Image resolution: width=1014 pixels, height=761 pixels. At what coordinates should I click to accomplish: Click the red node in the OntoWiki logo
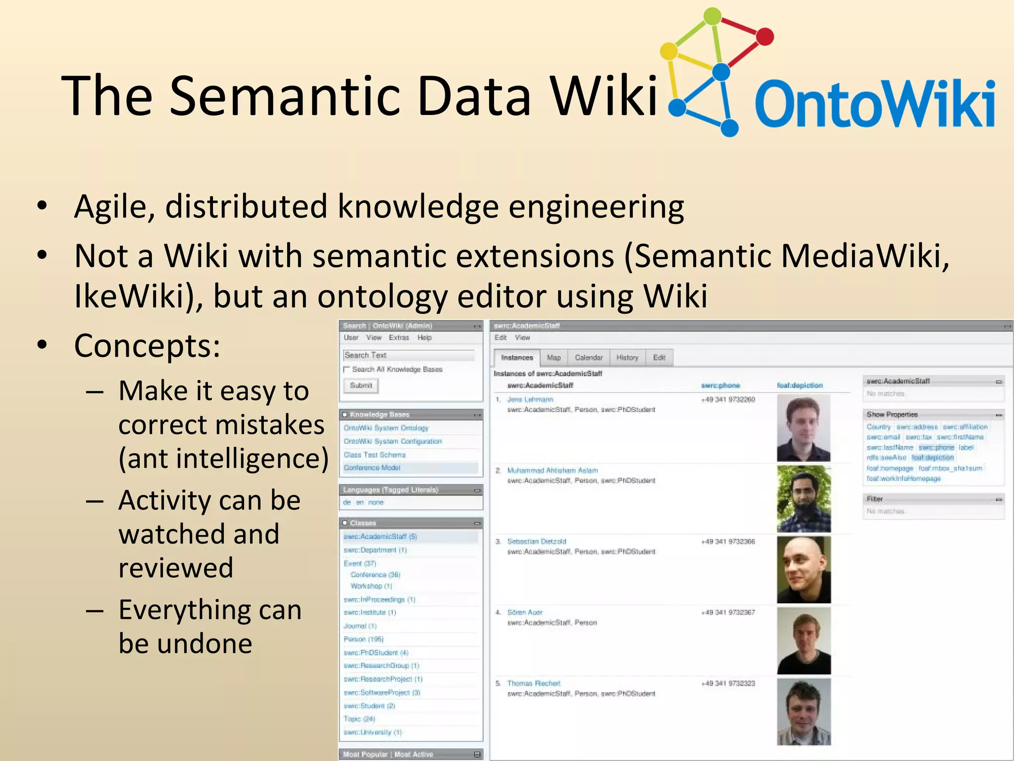click(x=765, y=36)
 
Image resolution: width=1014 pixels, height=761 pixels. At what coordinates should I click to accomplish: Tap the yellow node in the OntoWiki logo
click(x=669, y=51)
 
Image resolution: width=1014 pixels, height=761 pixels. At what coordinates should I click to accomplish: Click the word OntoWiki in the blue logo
click(x=874, y=104)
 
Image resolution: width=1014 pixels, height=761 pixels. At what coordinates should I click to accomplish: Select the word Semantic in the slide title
click(x=285, y=96)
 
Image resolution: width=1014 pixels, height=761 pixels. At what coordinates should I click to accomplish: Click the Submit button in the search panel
click(x=361, y=385)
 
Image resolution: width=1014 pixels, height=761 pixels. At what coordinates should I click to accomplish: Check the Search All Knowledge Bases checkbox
click(x=347, y=369)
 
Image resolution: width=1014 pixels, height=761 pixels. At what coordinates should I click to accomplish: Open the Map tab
click(x=554, y=357)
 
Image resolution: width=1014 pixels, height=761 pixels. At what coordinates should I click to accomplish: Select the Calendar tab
click(x=589, y=357)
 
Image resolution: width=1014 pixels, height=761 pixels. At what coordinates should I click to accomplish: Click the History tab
click(x=627, y=357)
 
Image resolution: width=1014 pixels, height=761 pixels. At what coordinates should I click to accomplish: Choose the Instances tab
click(x=516, y=357)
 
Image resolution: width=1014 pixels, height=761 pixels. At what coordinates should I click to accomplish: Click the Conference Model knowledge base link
click(x=372, y=467)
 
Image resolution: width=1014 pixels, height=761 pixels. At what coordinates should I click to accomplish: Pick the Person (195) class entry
click(x=363, y=639)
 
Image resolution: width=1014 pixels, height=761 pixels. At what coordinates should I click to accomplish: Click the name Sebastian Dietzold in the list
click(x=536, y=541)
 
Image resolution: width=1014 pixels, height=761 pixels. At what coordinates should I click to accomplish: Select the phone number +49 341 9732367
click(x=728, y=612)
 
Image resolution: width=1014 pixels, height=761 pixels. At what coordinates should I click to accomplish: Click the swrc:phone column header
click(x=720, y=385)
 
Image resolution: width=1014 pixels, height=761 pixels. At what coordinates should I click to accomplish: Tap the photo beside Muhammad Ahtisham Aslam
click(x=804, y=498)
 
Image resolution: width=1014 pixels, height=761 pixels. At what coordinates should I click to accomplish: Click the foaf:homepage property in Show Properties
click(x=890, y=468)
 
